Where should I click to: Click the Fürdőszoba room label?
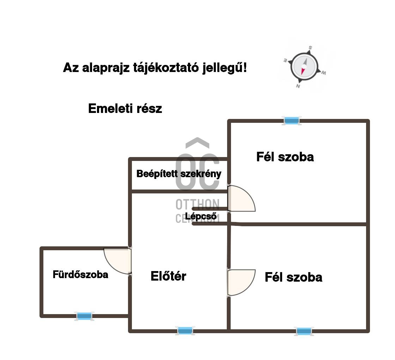click(80, 275)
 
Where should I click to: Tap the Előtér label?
click(168, 276)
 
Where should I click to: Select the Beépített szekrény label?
click(179, 174)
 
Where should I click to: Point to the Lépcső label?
click(201, 216)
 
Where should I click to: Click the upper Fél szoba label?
click(285, 157)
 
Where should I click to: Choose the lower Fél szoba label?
click(293, 277)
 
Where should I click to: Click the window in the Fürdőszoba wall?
click(84, 316)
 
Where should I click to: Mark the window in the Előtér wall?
click(185, 331)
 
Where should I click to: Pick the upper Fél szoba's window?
click(292, 121)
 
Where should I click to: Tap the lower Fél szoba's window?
click(304, 331)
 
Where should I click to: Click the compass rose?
click(304, 66)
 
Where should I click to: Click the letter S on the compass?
click(310, 47)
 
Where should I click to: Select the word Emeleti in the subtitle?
click(110, 108)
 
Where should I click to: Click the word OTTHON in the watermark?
click(197, 204)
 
